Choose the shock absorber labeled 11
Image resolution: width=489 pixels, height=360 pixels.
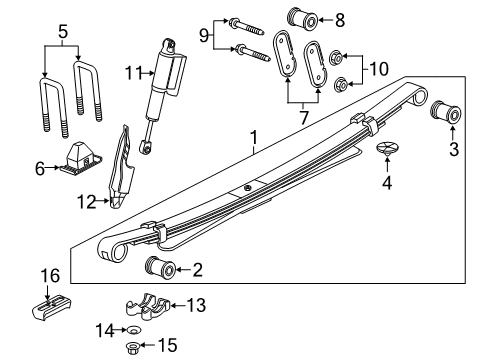point(163,85)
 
